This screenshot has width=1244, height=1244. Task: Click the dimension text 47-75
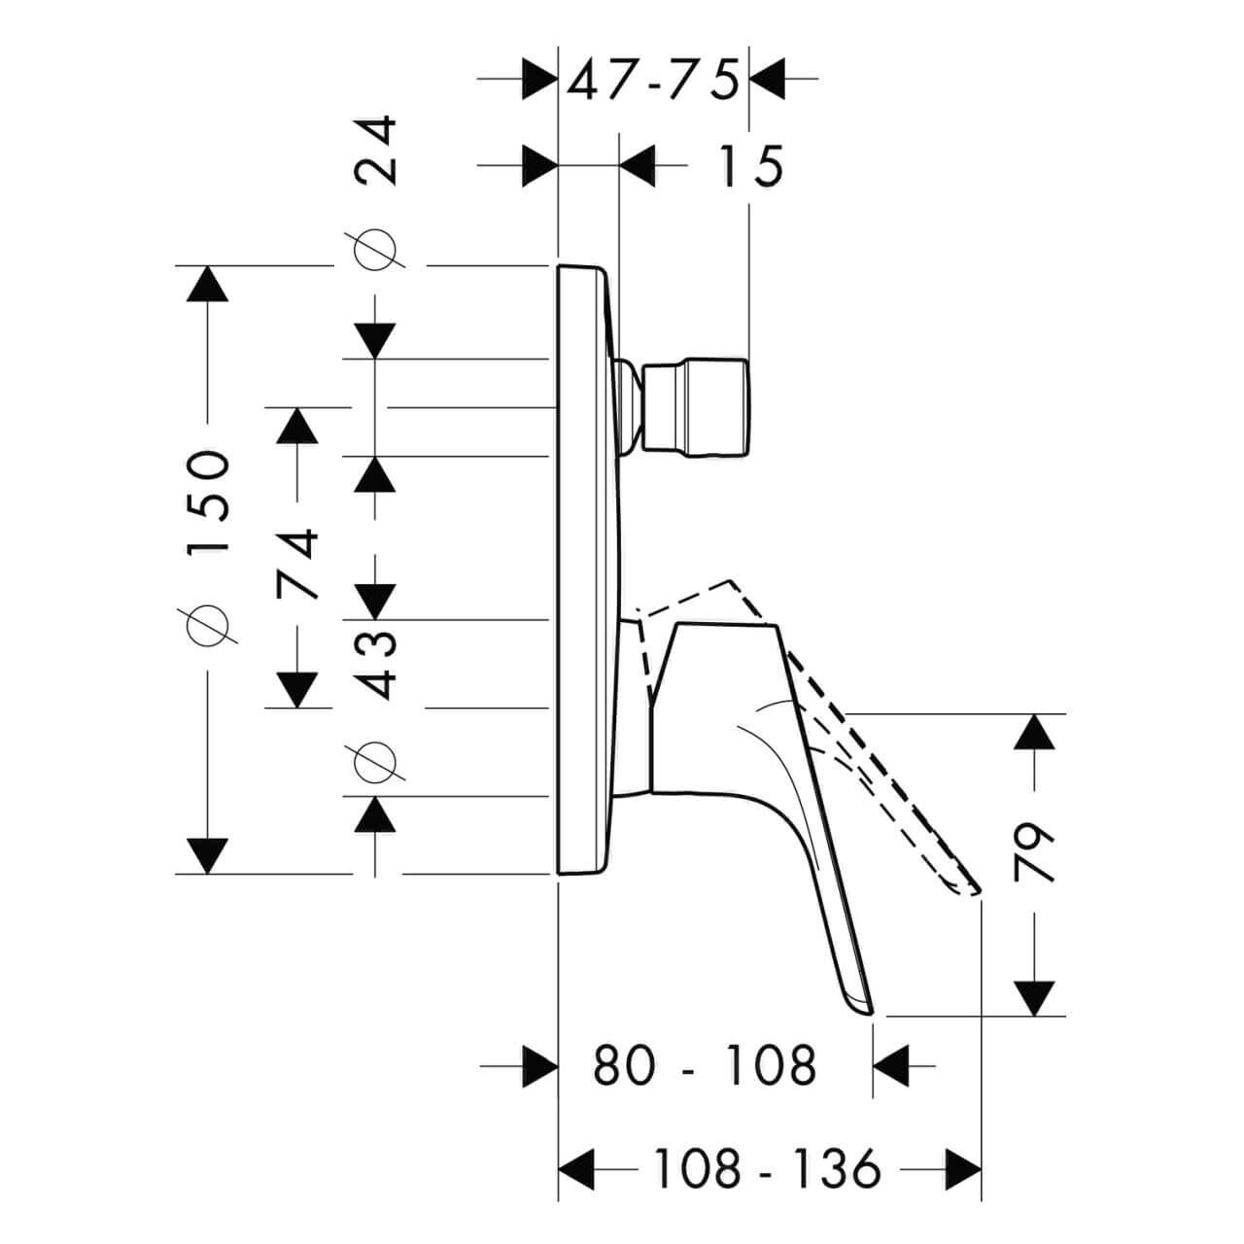pyautogui.click(x=653, y=80)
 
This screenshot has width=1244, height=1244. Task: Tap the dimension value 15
pyautogui.click(x=751, y=166)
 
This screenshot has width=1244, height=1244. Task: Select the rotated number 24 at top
pyautogui.click(x=376, y=151)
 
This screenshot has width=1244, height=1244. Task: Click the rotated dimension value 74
pyautogui.click(x=297, y=564)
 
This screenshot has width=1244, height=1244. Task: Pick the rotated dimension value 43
pyautogui.click(x=376, y=666)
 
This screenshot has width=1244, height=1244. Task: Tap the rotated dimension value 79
pyautogui.click(x=1033, y=851)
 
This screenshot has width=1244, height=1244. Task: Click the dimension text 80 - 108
pyautogui.click(x=705, y=1066)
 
